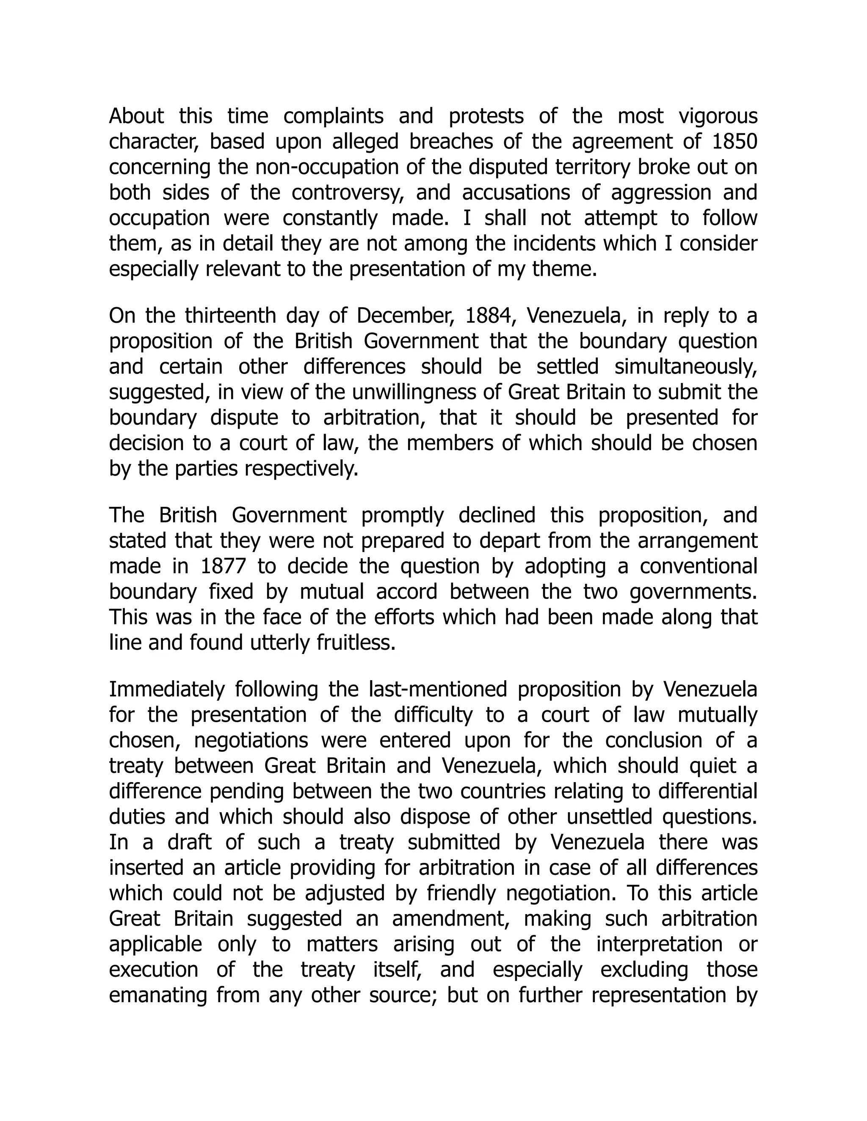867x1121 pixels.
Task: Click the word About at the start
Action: [x=136, y=116]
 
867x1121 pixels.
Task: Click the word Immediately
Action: [x=166, y=690]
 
